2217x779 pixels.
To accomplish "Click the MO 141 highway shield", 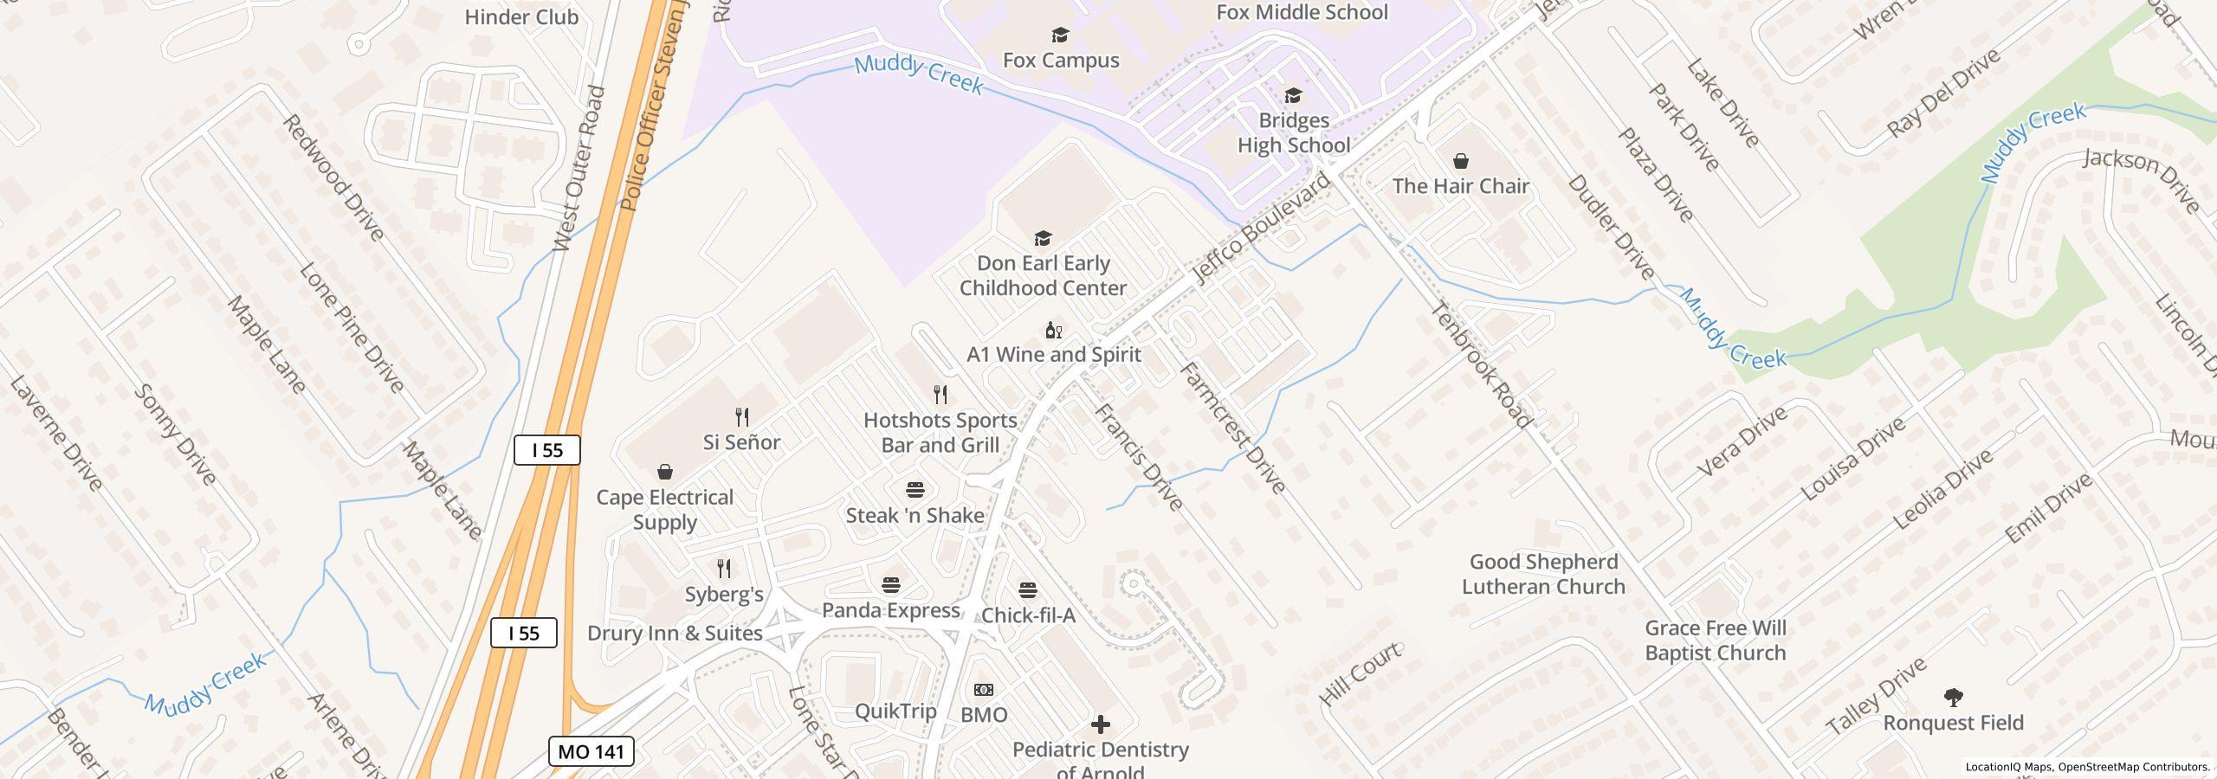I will point(591,751).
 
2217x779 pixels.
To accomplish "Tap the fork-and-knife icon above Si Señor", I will point(742,417).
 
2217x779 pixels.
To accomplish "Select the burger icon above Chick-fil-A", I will point(1028,590).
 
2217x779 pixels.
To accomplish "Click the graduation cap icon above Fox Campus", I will point(1060,35).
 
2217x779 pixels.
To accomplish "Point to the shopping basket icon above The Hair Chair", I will point(1461,161).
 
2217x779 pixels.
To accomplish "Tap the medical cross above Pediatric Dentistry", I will point(1100,724).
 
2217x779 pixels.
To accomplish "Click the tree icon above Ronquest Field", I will point(1953,697).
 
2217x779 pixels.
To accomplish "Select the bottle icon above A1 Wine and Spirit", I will point(1053,330).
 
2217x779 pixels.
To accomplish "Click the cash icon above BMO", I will point(984,690).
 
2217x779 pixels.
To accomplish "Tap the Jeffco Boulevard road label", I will point(1261,229).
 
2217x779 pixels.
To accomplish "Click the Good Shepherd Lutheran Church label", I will point(1543,574).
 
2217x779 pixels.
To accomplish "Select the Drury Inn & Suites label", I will point(675,633).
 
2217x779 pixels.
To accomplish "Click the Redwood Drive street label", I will point(333,177).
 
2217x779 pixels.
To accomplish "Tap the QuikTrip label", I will point(895,711).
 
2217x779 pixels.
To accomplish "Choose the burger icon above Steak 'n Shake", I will point(915,490).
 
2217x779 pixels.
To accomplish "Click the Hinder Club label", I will point(521,16).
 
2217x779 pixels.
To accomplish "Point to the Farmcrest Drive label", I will point(1233,428).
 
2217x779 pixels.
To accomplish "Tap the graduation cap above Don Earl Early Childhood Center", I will point(1043,238).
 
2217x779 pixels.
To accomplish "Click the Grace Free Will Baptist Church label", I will point(1715,641).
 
